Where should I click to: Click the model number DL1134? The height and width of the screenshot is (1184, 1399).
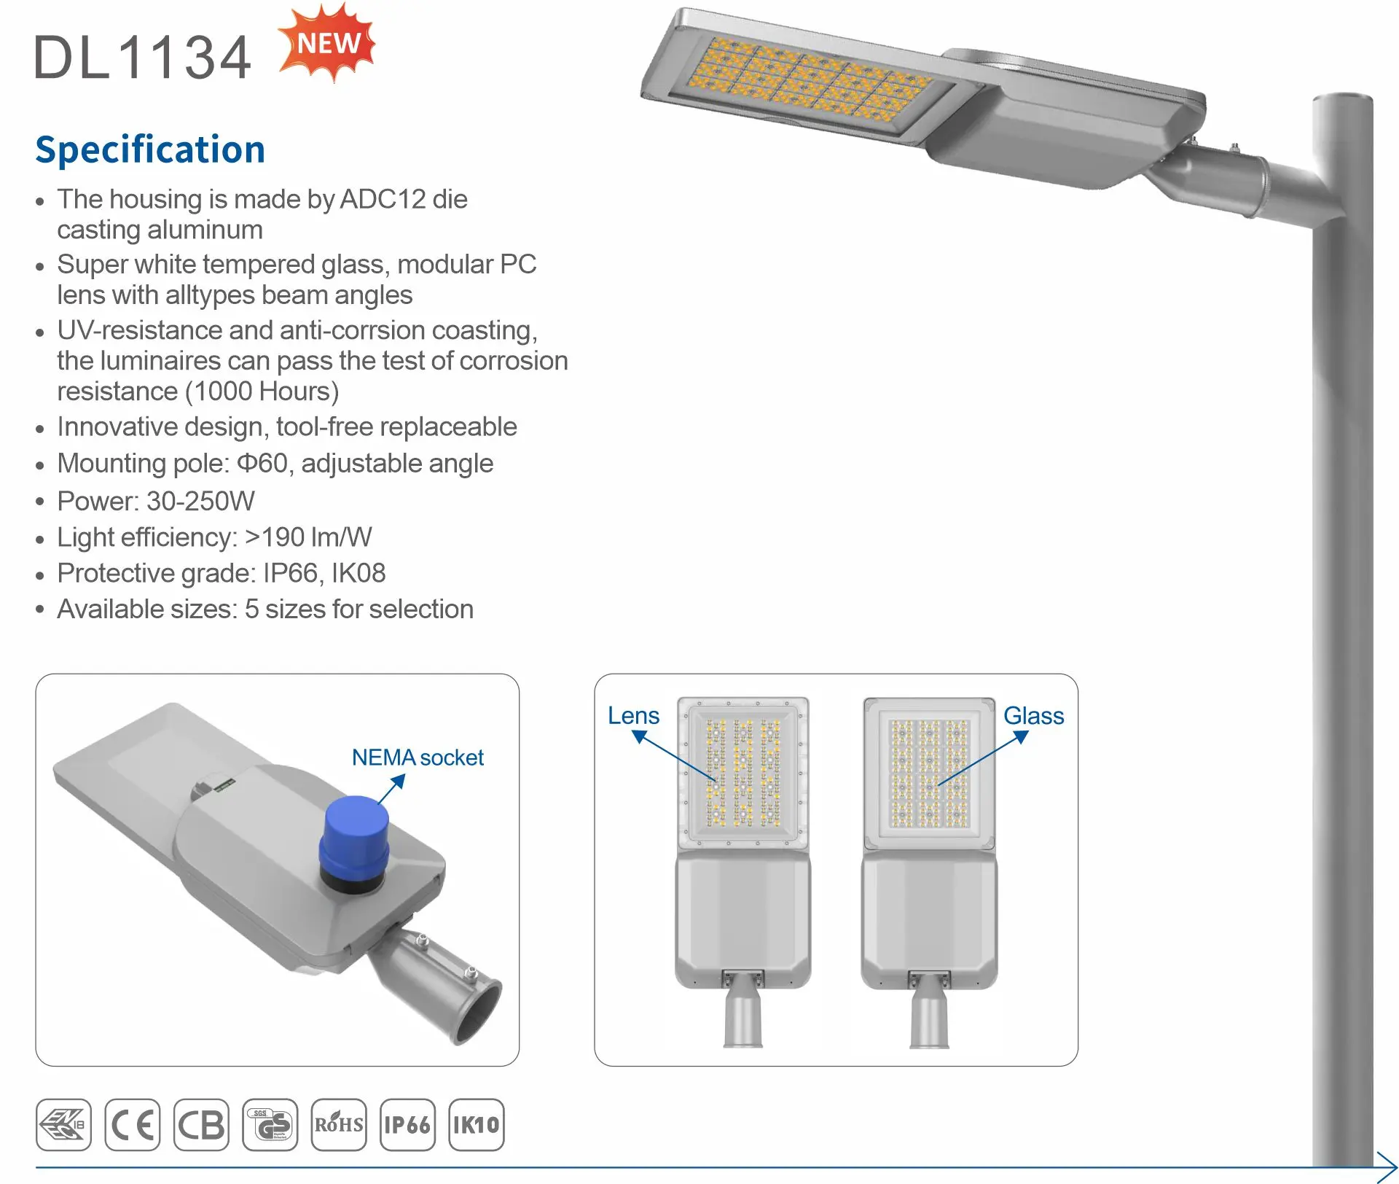[x=143, y=58]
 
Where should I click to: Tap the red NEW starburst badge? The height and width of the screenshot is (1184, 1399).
[x=327, y=43]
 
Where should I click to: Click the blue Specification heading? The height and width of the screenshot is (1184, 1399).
[x=150, y=149]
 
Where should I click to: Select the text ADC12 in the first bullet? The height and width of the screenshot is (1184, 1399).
[x=383, y=199]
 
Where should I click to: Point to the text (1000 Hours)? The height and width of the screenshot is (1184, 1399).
[x=262, y=392]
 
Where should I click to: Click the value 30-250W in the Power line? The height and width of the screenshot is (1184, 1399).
[x=200, y=501]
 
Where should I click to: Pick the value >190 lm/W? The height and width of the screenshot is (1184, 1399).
[x=308, y=537]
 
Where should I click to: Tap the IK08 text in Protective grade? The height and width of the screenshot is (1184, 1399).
[x=358, y=573]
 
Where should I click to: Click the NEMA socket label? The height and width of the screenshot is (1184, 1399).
[x=418, y=757]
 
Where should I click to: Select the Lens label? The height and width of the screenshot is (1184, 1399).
[x=633, y=716]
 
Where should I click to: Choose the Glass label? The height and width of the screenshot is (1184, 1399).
[x=1033, y=716]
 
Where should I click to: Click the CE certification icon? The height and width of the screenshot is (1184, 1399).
[x=132, y=1125]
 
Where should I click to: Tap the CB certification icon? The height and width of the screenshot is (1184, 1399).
[x=201, y=1125]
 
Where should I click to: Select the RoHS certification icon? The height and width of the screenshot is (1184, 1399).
[x=339, y=1125]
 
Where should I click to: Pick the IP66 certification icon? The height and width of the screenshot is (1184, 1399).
[x=407, y=1125]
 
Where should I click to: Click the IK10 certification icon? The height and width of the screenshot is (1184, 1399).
[x=477, y=1125]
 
